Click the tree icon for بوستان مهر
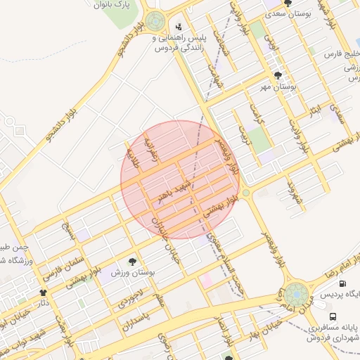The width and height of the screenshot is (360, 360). click(x=279, y=75)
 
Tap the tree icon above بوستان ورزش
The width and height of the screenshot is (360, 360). click(x=133, y=261)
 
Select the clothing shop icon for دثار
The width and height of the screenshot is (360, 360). click(x=43, y=292)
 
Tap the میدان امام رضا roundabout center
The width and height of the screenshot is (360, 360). click(x=296, y=292)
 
